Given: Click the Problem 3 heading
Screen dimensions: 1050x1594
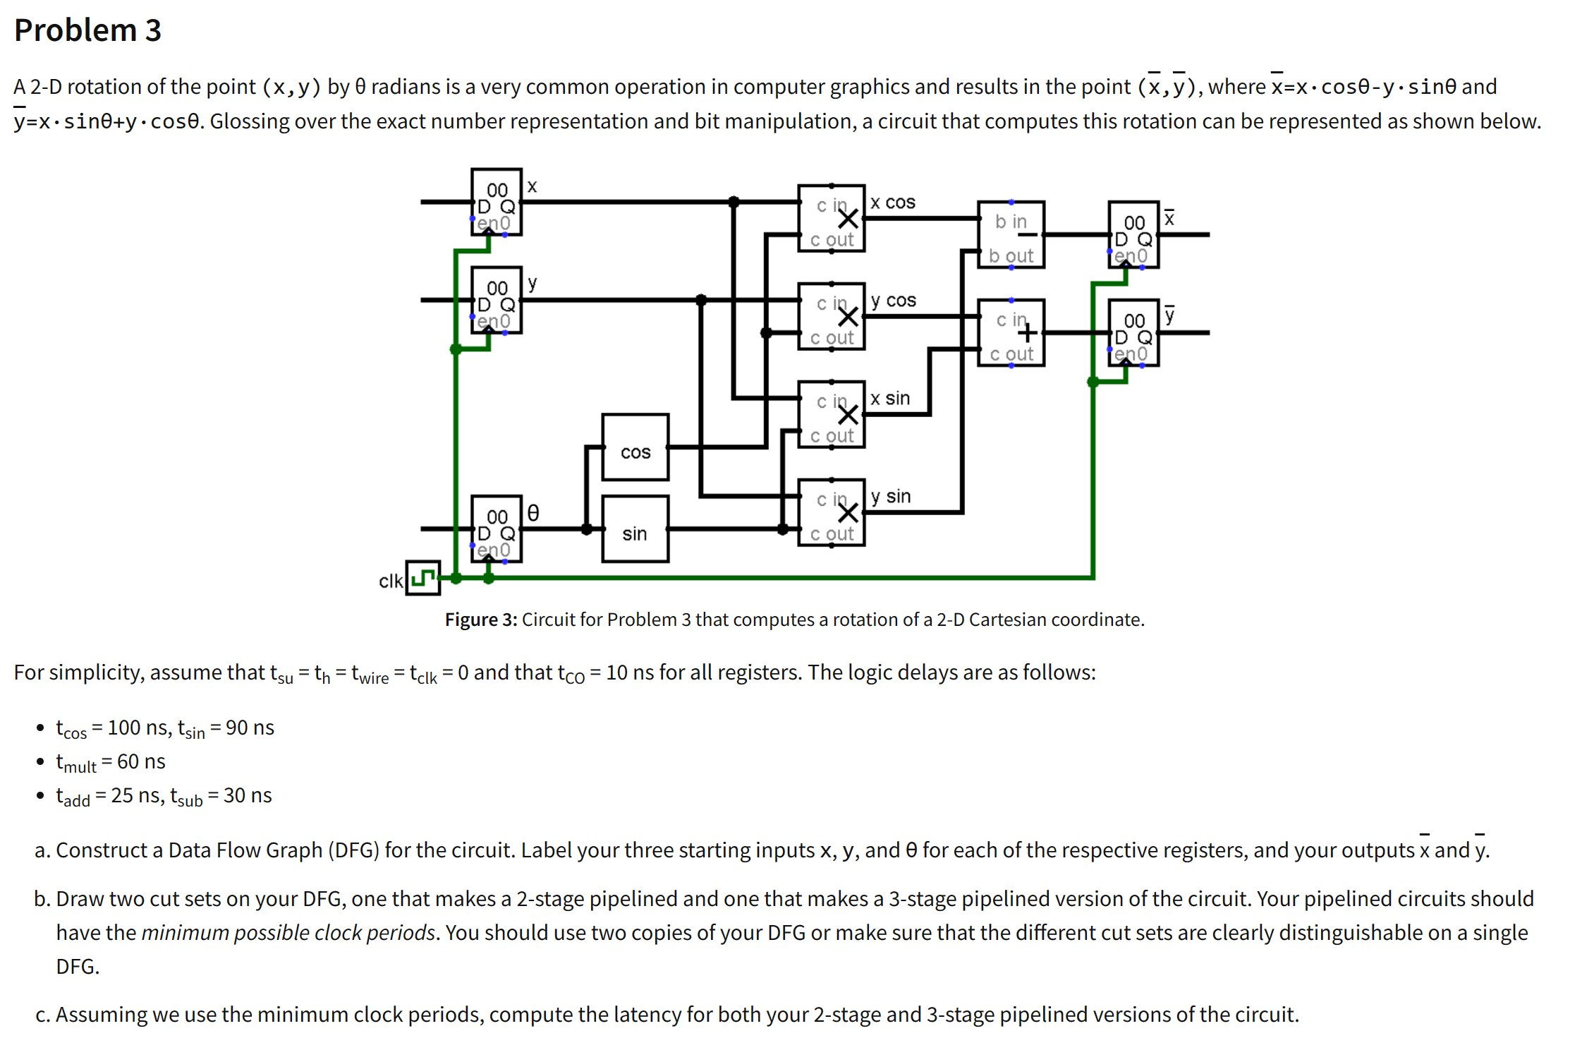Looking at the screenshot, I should click(x=87, y=30).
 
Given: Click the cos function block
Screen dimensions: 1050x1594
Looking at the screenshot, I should click(x=635, y=447).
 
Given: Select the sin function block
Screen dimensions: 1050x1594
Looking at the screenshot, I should click(x=635, y=529).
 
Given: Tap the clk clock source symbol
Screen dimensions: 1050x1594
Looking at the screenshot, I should click(x=422, y=578).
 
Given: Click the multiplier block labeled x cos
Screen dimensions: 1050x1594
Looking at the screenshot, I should click(x=831, y=219).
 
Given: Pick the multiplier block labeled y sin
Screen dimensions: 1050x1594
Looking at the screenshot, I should click(x=831, y=513).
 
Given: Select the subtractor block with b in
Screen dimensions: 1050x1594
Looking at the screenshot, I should click(x=1010, y=235).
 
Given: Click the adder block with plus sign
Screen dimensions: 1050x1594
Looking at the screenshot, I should click(x=1010, y=333).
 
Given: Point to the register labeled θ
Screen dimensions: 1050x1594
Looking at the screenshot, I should click(x=496, y=529).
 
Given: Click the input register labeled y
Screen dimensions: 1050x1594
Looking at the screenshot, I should click(x=496, y=301).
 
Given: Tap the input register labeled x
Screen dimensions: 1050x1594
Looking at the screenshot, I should click(x=496, y=203).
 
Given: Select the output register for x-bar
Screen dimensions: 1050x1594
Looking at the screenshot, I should click(x=1133, y=235).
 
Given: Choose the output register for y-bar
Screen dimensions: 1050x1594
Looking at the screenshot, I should click(x=1133, y=333).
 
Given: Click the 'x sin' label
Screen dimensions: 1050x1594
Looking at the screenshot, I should click(x=890, y=399).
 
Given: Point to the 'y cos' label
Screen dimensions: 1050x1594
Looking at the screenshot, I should click(x=893, y=301).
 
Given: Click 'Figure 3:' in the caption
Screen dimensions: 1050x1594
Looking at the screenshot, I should click(x=480, y=620).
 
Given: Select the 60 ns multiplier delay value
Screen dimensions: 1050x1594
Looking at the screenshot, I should click(x=141, y=761).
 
